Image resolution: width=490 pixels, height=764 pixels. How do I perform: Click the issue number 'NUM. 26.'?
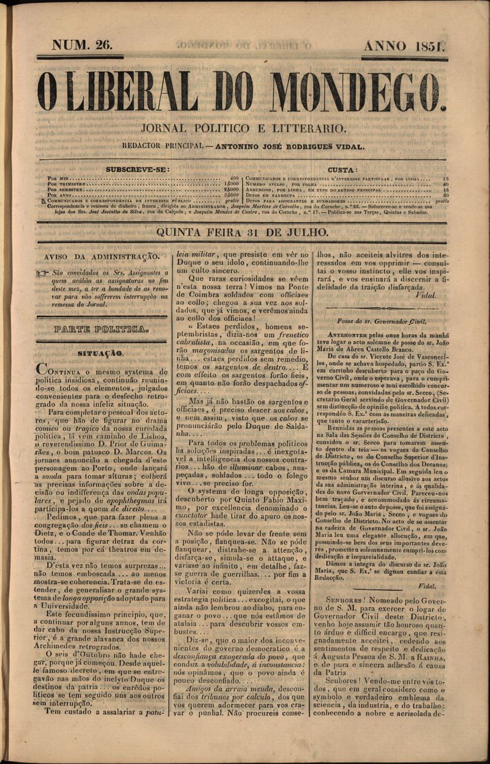[x=81, y=45]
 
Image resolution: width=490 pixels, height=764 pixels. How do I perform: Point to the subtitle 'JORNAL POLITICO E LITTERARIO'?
[x=244, y=129]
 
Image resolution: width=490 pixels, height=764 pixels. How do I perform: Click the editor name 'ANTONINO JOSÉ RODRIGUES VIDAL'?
[x=287, y=147]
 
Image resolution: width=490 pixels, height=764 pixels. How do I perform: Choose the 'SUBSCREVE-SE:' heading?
[x=137, y=169]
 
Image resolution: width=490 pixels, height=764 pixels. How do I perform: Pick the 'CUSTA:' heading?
[x=343, y=169]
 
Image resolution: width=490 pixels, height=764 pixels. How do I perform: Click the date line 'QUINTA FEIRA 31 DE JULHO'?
[x=243, y=232]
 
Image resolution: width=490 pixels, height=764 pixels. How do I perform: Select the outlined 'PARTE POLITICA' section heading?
[x=101, y=329]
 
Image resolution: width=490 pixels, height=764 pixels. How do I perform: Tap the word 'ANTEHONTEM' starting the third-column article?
[x=349, y=335]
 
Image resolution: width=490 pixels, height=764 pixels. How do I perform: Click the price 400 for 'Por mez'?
[x=233, y=178]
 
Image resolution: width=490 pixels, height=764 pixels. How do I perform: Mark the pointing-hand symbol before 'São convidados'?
[x=42, y=272]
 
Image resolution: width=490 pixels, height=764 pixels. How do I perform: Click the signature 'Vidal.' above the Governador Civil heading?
[x=424, y=295]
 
